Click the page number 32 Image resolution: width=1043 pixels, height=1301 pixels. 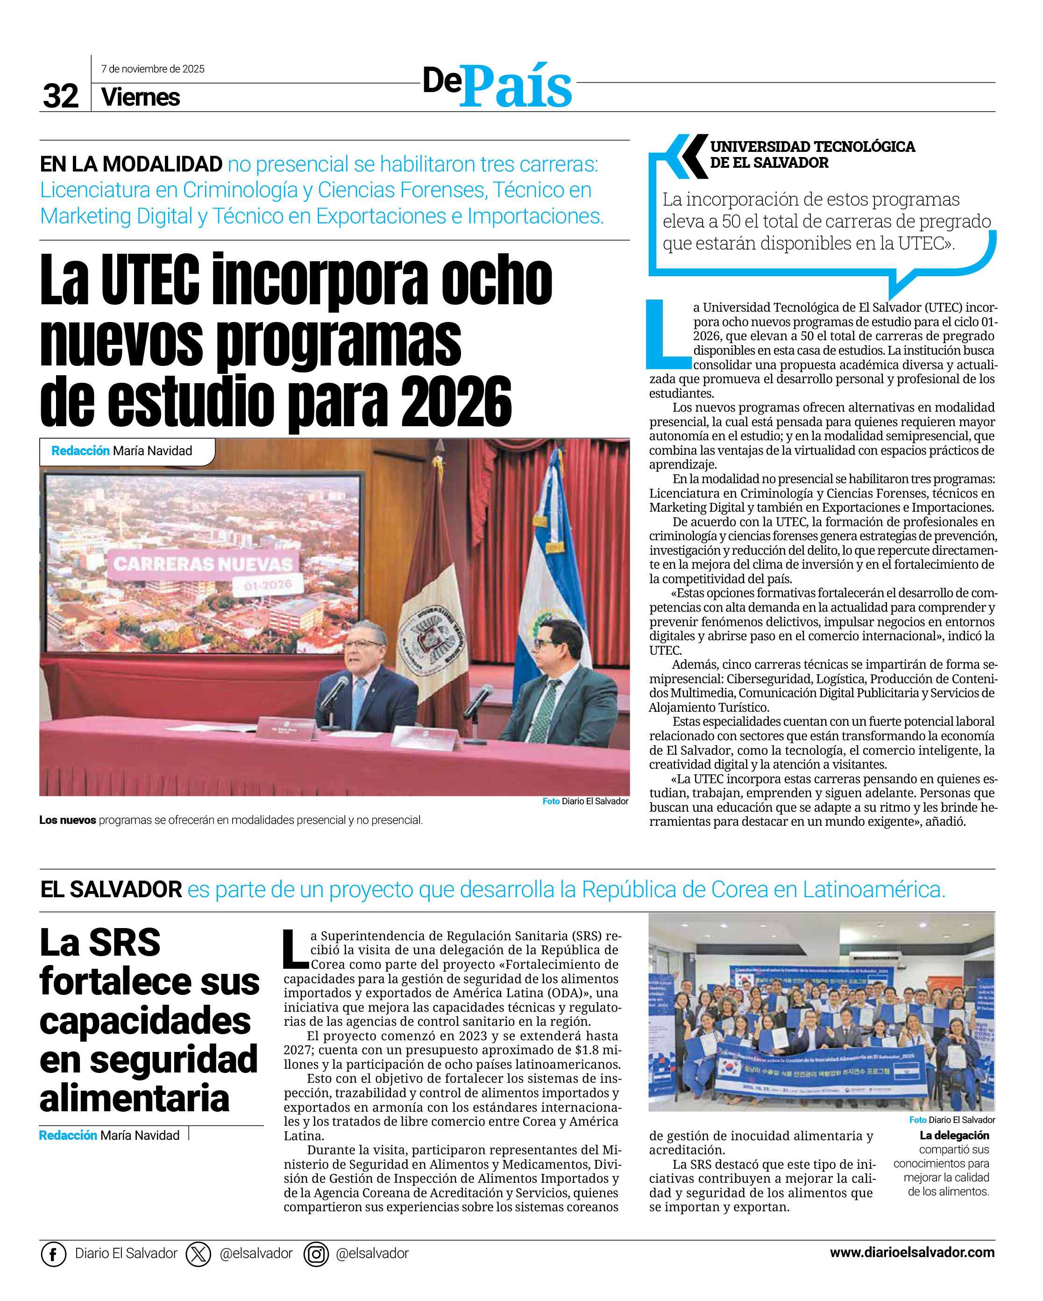pos(60,96)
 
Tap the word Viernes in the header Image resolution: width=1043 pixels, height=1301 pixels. pos(141,97)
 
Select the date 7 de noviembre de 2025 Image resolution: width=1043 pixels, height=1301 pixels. pos(153,69)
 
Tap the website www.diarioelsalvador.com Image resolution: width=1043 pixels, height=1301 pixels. pos(912,1253)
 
